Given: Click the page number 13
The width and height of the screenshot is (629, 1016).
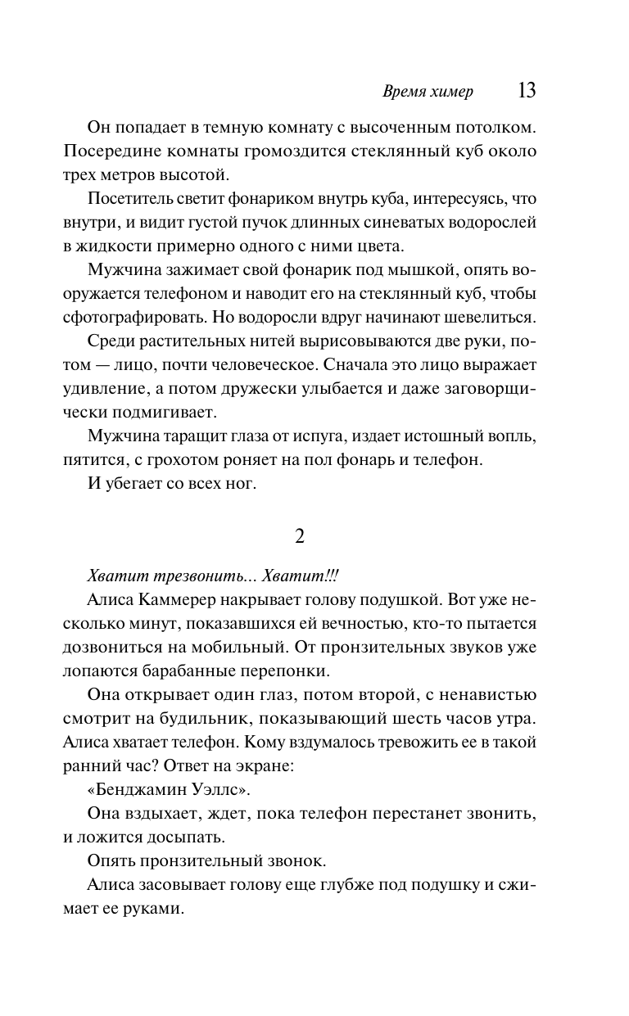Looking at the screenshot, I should pos(527,90).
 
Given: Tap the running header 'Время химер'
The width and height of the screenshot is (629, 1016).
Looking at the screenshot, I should pos(428,92).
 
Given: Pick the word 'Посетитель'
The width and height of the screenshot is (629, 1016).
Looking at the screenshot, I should pos(129,199).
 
